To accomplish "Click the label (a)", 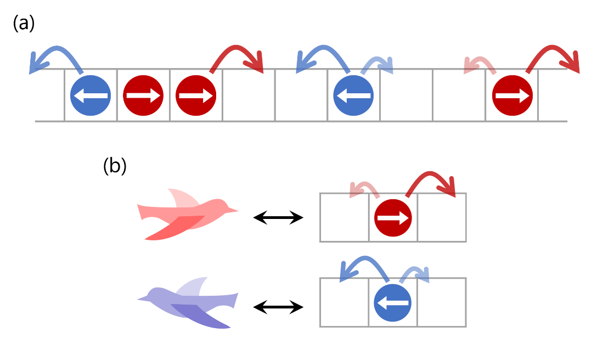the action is [x=24, y=23].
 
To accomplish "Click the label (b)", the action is [x=115, y=166].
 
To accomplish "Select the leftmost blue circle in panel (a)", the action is [x=91, y=95].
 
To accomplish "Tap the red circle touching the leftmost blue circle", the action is [x=143, y=95].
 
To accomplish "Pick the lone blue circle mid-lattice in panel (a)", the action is [x=353, y=95].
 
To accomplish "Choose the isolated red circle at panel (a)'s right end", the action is [x=512, y=95].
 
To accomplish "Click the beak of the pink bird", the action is [x=233, y=210].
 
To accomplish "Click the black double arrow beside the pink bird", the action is [x=278, y=218].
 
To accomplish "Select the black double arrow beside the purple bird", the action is [x=278, y=307].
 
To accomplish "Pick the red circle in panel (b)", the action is [x=393, y=218].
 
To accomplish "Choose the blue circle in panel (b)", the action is [x=393, y=303].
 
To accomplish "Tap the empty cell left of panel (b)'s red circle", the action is [x=344, y=217].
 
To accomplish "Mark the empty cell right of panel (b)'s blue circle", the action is [x=442, y=302].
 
